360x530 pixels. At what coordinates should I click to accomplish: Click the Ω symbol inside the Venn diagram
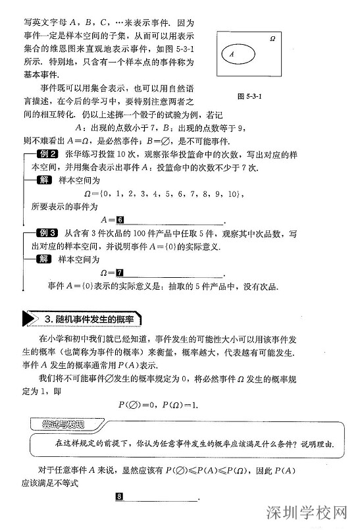272,40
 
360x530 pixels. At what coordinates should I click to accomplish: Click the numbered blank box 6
120,219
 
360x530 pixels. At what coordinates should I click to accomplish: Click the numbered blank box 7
119,273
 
